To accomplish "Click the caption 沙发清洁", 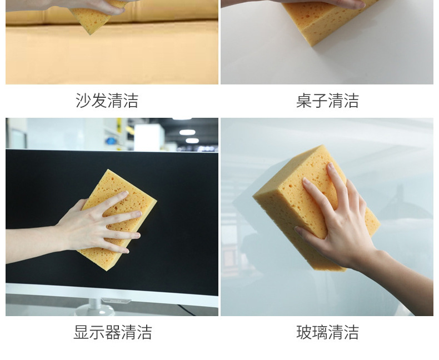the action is click(x=107, y=101).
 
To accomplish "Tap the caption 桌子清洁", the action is click(x=327, y=101).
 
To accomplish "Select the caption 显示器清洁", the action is click(x=113, y=332).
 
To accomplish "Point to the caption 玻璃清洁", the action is click(x=327, y=332).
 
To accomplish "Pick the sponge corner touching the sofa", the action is click(x=90, y=33).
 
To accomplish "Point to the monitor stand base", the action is click(x=95, y=310).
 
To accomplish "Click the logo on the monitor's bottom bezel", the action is click(x=116, y=301).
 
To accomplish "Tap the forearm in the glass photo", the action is click(x=403, y=283).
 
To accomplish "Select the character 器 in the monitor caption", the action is click(x=113, y=332).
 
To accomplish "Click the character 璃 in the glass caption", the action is click(x=320, y=332).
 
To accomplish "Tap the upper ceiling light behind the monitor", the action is click(x=187, y=132).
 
